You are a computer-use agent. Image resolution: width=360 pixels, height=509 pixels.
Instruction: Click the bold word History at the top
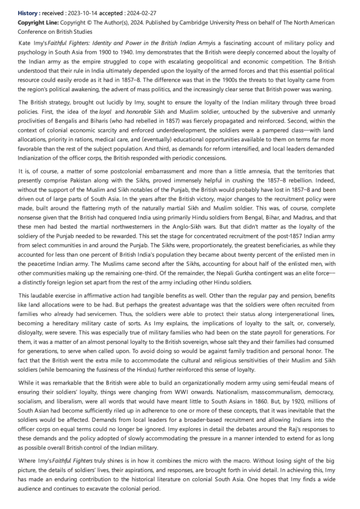pyautogui.click(x=28, y=12)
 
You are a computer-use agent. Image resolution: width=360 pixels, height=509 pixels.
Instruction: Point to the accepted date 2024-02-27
pyautogui.click(x=145, y=12)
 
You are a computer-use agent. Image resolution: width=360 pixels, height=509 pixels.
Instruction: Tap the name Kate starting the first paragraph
pyautogui.click(x=26, y=45)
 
